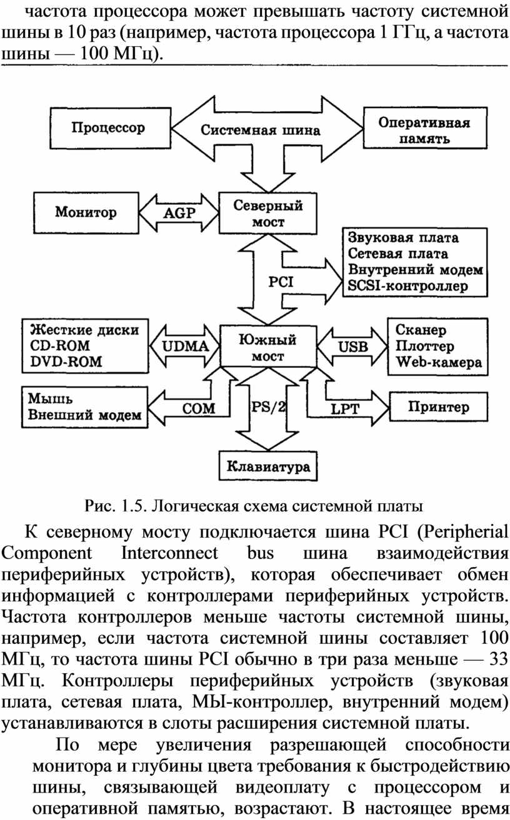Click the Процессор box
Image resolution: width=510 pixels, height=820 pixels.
pos(110,128)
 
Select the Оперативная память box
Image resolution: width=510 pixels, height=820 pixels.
pos(425,128)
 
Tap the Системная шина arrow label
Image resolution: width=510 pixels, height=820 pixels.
pos(261,131)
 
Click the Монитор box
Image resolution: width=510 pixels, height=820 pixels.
pos(86,213)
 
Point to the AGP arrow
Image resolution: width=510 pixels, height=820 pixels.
pos(179,213)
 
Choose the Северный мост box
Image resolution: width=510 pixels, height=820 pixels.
pos(268,214)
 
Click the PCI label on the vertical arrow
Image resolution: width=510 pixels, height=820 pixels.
pos(281,282)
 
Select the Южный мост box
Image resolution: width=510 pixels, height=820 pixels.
pos(268,346)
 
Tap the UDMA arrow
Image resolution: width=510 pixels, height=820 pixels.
pos(184,346)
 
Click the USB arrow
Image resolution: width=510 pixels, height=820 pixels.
pos(352,347)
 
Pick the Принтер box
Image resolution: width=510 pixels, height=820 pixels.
pos(439,407)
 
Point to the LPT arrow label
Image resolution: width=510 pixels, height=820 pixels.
pos(345,409)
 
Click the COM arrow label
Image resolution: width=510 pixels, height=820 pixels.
pos(199,408)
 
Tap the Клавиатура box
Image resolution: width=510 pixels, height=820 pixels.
pos(268,467)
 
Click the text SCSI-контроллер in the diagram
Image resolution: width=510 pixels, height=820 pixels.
pos(407,286)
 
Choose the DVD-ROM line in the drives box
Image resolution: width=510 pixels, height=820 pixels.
pos(66,362)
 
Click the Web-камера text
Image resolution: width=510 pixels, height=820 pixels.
pos(439,362)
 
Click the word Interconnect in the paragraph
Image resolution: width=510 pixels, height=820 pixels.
pos(169,553)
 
